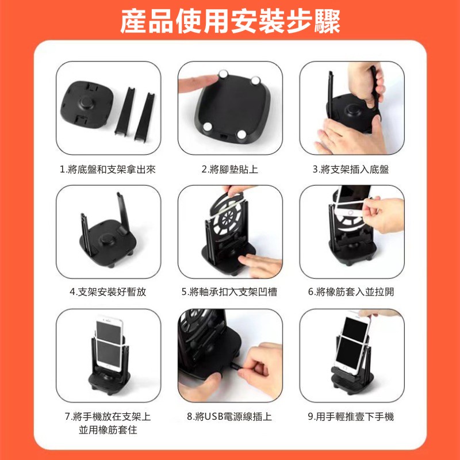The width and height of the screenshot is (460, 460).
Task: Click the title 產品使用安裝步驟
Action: click(230, 21)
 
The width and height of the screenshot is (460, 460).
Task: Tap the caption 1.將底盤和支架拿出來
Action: click(108, 169)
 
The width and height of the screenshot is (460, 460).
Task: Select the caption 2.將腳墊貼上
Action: click(229, 169)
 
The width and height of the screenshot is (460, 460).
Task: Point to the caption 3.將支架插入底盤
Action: click(351, 169)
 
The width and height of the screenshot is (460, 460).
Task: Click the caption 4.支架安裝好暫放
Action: click(108, 292)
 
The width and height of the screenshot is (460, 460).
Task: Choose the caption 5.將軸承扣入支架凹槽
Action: click(229, 292)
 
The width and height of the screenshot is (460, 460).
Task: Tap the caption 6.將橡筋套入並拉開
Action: click(351, 292)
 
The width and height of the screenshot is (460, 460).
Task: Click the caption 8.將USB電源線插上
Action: click(229, 416)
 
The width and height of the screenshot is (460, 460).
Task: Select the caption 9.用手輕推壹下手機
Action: click(351, 416)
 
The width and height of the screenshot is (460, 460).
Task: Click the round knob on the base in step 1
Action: click(87, 103)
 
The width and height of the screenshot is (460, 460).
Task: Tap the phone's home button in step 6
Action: click(350, 212)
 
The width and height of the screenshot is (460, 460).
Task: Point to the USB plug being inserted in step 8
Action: click(235, 366)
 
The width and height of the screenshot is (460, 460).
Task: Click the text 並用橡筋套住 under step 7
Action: click(108, 430)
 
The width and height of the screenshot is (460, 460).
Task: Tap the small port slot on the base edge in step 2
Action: click(224, 137)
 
